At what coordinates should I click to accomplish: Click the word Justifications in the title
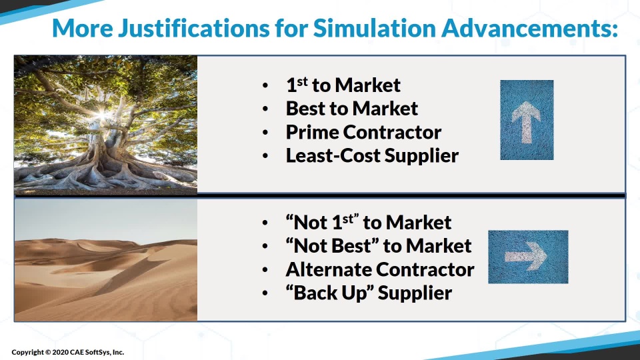click(194, 28)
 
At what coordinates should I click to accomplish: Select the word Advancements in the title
click(530, 28)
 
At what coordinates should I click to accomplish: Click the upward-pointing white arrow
click(526, 121)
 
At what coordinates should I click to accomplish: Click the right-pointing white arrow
click(526, 256)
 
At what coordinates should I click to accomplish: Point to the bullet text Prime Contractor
click(363, 132)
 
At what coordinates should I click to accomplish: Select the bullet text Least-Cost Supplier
click(372, 155)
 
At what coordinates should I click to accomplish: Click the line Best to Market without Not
click(352, 108)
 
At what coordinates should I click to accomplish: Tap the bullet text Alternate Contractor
click(380, 269)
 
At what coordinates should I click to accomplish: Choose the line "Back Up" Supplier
click(369, 293)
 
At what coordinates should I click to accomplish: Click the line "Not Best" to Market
click(379, 246)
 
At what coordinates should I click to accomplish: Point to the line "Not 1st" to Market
click(369, 222)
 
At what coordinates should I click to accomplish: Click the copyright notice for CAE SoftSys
click(68, 352)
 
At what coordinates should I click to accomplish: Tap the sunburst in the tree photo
click(101, 115)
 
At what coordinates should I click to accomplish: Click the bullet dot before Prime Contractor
click(265, 133)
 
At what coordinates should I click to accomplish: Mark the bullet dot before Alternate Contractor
click(265, 270)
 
